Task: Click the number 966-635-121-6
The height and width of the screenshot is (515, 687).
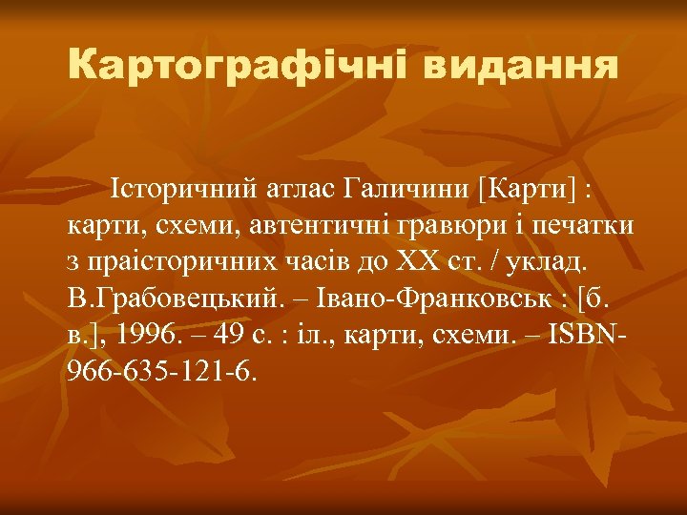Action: [x=162, y=368]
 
